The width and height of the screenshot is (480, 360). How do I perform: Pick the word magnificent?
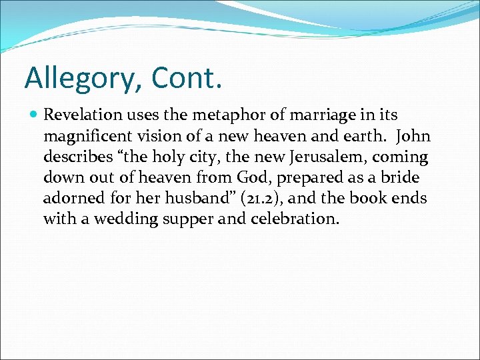89,137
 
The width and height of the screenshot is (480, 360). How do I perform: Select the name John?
413,137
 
